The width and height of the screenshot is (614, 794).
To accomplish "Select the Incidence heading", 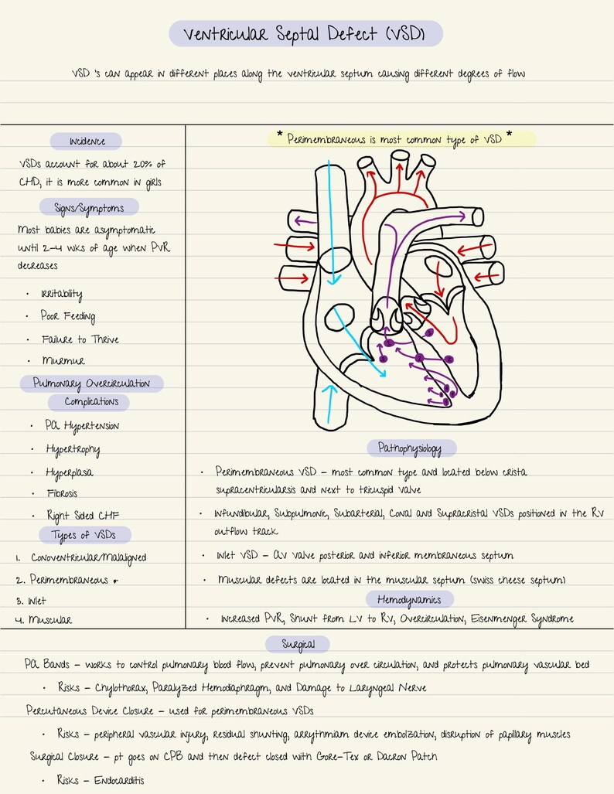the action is tap(86, 141).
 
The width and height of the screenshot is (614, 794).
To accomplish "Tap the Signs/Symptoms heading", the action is tap(89, 206).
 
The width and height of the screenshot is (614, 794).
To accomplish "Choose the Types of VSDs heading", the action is tap(85, 535).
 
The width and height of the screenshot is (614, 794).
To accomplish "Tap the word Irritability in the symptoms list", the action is tap(62, 294).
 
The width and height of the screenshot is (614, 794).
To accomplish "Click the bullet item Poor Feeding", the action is tap(68, 316).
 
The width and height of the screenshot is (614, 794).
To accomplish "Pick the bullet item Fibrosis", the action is tap(62, 493).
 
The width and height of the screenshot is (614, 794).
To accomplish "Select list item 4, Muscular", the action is tap(50, 620).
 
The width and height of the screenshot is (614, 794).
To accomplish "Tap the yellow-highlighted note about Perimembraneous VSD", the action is tap(401, 140).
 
